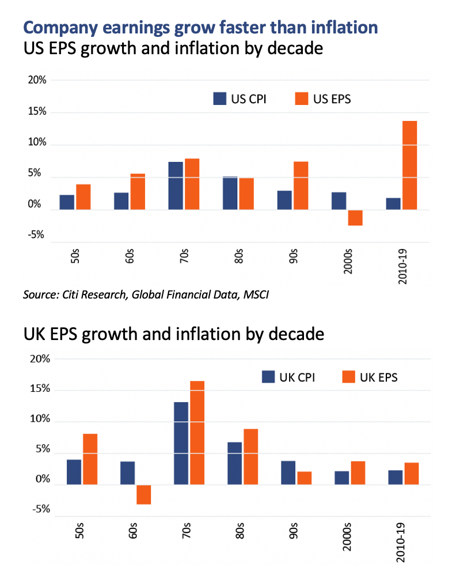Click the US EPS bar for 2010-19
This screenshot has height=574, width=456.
409,165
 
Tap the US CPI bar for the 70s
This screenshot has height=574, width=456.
176,186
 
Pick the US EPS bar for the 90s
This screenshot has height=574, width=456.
301,186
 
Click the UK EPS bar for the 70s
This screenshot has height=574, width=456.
197,433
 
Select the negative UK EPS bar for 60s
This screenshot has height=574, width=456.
143,494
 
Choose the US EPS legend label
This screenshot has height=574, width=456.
332,99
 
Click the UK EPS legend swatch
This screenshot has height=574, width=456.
349,377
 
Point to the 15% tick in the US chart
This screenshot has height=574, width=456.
37,111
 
